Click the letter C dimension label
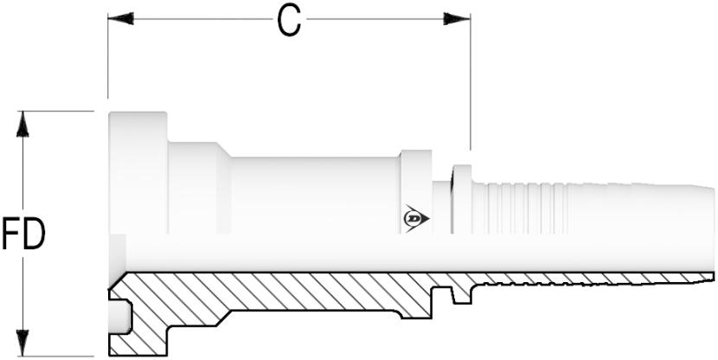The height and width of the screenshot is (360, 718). point(290,22)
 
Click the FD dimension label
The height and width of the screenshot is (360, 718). point(23,234)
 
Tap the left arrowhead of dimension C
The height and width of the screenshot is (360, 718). point(120,19)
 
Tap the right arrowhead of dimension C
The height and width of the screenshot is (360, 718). point(457,19)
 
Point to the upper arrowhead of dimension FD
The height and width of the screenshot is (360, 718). point(22,124)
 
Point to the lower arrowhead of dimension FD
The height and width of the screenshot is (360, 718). point(22,343)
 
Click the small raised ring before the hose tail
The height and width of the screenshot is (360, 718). point(462,199)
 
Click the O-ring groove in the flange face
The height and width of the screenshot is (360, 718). point(120,317)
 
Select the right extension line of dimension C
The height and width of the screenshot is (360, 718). point(470,82)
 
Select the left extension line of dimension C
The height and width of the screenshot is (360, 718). point(108,56)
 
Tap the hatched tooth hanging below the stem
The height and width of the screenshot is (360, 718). point(462,294)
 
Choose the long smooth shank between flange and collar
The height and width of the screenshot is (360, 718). point(314,196)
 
